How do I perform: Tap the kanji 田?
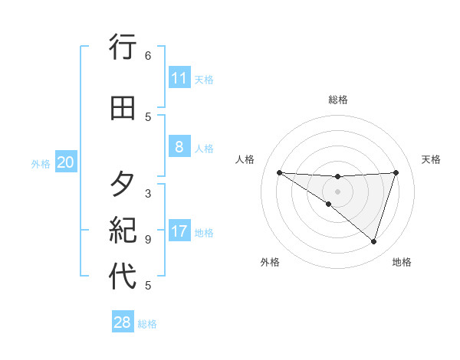pyautogui.click(x=123, y=108)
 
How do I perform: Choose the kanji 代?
pyautogui.click(x=123, y=277)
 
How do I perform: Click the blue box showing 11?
pyautogui.click(x=179, y=78)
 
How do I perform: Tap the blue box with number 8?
pyautogui.click(x=179, y=147)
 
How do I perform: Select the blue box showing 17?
pyautogui.click(x=179, y=232)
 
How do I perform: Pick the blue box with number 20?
pyautogui.click(x=66, y=162)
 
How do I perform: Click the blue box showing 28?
pyautogui.click(x=123, y=322)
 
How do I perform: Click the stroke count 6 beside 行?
pyautogui.click(x=148, y=56)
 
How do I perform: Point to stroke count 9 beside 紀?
pyautogui.click(x=148, y=239)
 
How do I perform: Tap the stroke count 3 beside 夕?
pyautogui.click(x=148, y=194)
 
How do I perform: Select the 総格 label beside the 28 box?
pyautogui.click(x=147, y=324)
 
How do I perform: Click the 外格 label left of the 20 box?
pyautogui.click(x=41, y=163)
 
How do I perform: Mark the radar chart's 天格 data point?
pyautogui.click(x=396, y=172)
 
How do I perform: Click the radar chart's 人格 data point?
pyautogui.click(x=279, y=172)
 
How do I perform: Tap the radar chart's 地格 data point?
pyautogui.click(x=373, y=241)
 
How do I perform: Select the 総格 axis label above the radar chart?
pyautogui.click(x=337, y=100)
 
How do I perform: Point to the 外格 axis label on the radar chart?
pyautogui.click(x=270, y=263)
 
